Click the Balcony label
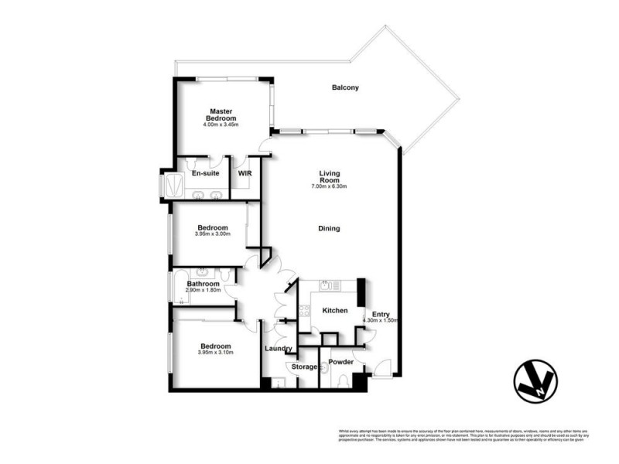345,88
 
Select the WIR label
245,173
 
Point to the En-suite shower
168,186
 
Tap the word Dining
329,228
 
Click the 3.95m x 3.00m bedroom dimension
213,234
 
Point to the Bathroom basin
203,272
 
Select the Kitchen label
334,311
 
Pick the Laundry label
277,348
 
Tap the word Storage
303,367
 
